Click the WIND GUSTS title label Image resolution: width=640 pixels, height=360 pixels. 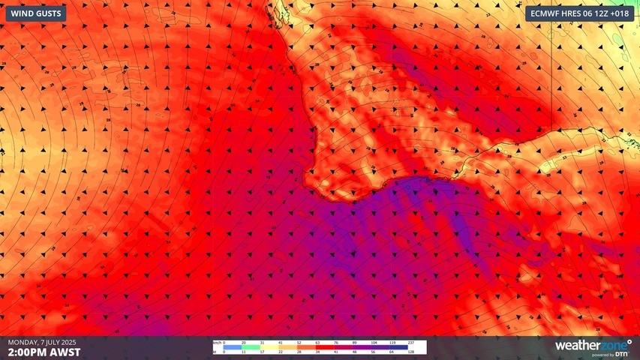tap(34, 13)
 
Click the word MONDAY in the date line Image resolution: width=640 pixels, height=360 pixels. tap(23, 343)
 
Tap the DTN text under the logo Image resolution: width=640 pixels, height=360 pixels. tap(620, 353)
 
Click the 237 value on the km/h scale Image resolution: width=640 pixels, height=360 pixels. tap(410, 343)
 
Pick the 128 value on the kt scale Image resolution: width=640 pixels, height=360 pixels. tap(410, 351)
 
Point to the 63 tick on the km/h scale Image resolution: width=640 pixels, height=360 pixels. tap(317, 343)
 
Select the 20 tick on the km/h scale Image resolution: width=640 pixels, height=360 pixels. tap(244, 343)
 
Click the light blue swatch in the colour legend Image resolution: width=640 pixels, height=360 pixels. tap(233, 347)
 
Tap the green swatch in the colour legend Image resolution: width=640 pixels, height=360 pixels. tap(251, 347)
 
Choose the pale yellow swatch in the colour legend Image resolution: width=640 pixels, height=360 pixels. tap(269, 347)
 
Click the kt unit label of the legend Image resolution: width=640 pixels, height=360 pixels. tap(213, 351)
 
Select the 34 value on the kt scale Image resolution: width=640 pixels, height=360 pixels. tap(317, 351)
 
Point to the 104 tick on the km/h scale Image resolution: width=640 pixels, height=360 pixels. tap(373, 343)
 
